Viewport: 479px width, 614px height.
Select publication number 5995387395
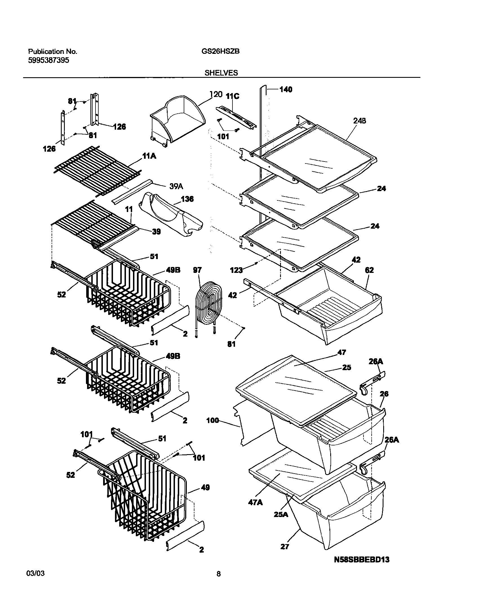[48, 60]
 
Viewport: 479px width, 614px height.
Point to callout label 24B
[360, 121]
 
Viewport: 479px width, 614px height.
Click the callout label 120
[216, 94]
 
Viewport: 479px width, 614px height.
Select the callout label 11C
[232, 96]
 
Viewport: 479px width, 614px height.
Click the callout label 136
[187, 199]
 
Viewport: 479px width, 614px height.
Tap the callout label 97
[197, 270]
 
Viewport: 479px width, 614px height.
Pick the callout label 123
[236, 270]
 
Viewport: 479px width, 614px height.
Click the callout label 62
[369, 270]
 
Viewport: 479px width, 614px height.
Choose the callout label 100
[212, 420]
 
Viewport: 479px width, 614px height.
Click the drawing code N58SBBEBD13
[362, 567]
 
